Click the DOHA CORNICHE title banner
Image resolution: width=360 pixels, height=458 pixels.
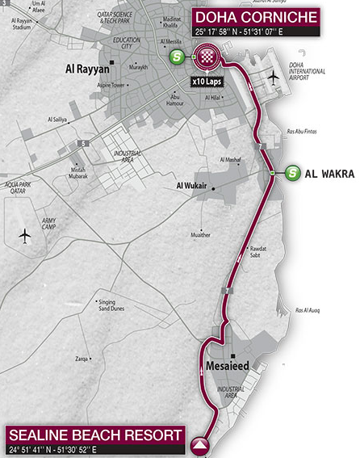coord(254,17)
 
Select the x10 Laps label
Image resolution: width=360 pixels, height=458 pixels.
coord(207,81)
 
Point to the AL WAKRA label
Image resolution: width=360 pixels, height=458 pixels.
coord(328,173)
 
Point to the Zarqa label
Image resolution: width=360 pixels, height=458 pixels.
coord(82,357)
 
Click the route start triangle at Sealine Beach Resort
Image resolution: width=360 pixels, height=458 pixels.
coord(199,442)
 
